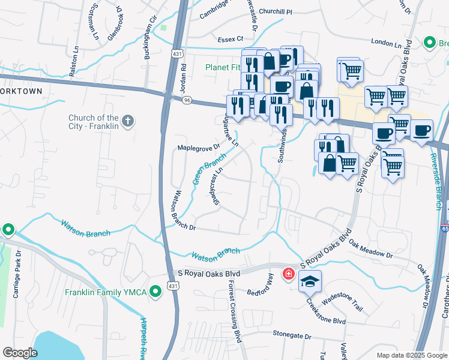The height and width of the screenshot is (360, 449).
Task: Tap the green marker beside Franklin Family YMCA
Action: click(x=155, y=293)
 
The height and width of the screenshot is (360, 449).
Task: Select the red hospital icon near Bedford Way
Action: click(x=289, y=274)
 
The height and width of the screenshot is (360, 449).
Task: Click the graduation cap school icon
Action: click(x=310, y=281)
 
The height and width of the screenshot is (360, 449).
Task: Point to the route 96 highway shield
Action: click(x=187, y=100)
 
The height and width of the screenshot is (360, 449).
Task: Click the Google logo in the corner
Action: click(x=20, y=353)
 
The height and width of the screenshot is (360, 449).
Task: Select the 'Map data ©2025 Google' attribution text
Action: click(x=411, y=355)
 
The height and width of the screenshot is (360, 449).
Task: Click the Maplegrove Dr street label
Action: click(x=196, y=147)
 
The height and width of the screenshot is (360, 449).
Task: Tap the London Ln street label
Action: click(x=386, y=44)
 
